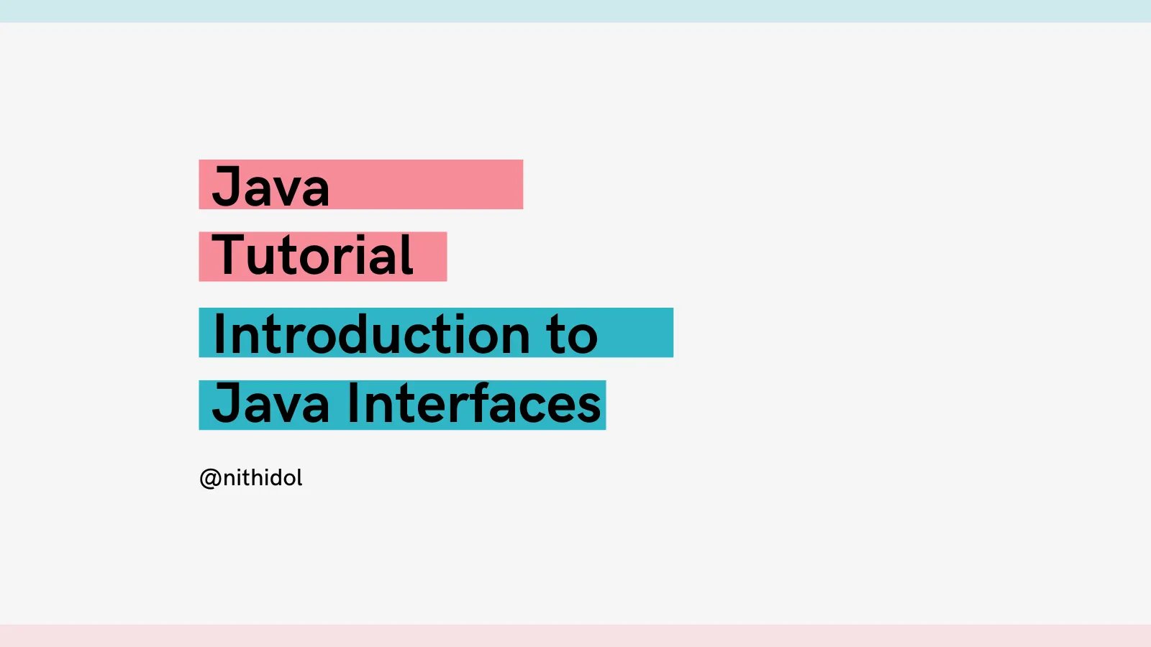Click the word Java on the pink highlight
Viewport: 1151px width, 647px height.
point(270,187)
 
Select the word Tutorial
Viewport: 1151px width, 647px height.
point(312,256)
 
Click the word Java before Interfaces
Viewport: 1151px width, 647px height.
point(270,404)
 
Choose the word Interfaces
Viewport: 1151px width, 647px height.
point(474,404)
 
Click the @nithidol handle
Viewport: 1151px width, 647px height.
point(251,478)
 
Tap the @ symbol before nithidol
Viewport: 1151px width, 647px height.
point(209,479)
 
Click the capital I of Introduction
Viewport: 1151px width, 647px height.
point(220,334)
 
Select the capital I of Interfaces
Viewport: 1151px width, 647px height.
point(353,404)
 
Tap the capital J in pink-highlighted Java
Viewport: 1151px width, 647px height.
point(226,187)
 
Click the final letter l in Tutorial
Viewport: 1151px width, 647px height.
point(409,254)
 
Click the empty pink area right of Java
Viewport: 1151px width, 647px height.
point(432,185)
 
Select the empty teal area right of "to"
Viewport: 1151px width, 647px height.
point(637,333)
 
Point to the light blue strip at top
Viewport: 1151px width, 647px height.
point(575,11)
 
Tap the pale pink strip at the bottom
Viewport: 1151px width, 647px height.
point(575,636)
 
